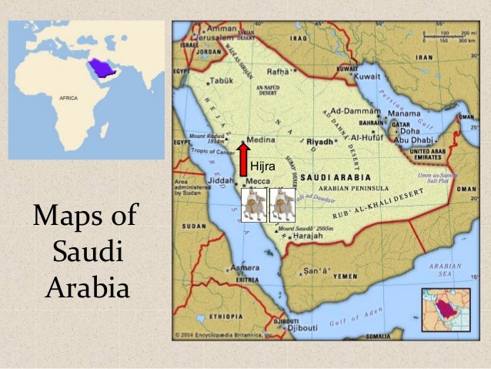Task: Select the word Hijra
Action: [264, 166]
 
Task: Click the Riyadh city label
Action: [320, 143]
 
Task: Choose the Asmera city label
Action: [248, 267]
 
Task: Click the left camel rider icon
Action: [253, 205]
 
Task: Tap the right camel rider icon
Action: [282, 205]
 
